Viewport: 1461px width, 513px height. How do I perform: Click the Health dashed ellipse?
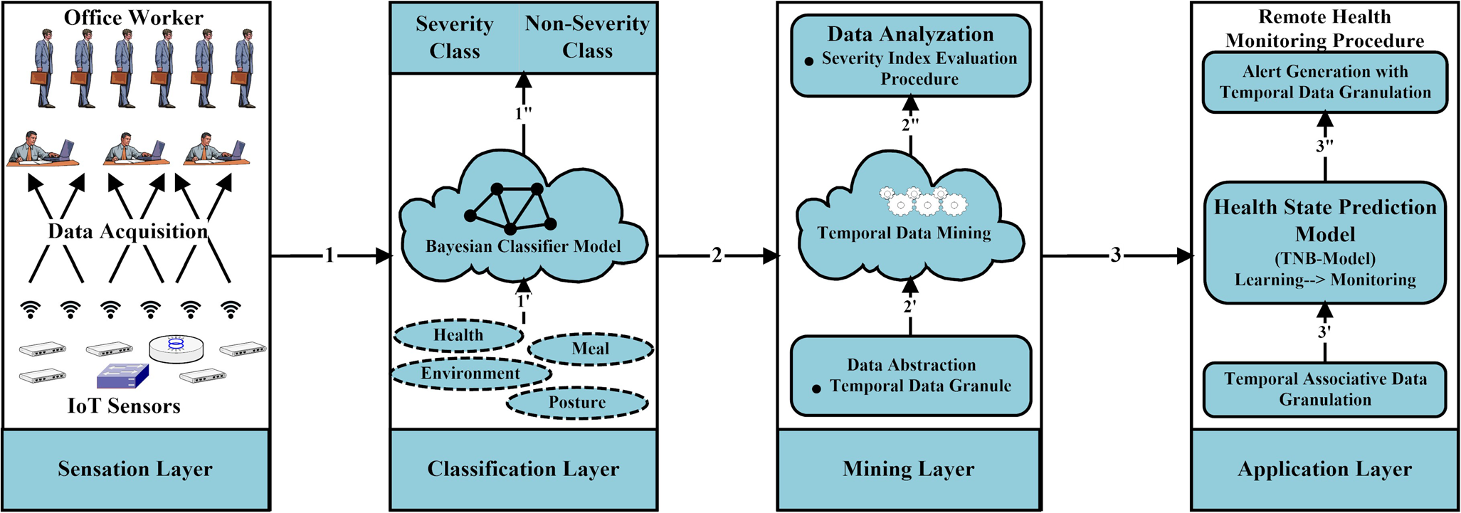(x=459, y=335)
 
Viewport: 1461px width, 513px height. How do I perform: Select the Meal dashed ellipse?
(x=591, y=349)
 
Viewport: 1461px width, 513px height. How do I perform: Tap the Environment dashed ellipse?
(x=471, y=374)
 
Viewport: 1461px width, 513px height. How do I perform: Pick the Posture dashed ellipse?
(x=577, y=403)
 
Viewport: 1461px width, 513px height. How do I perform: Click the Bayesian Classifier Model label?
(x=523, y=246)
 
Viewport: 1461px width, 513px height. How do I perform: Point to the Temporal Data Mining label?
(x=904, y=233)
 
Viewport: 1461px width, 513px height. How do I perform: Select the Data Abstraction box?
(x=911, y=376)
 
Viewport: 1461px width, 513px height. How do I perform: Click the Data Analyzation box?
(x=911, y=55)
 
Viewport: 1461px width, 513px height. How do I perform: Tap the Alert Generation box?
(x=1324, y=82)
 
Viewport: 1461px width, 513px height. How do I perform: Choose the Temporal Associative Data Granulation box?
(x=1324, y=389)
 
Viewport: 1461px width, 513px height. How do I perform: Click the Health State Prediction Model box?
(x=1324, y=242)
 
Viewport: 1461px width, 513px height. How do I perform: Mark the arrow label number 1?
(x=329, y=255)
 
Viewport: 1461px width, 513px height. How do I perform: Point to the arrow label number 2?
(x=717, y=255)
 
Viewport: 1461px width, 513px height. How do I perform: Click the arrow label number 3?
(x=1116, y=255)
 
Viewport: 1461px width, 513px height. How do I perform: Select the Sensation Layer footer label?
(x=135, y=469)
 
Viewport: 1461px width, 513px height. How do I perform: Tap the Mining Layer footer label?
(x=909, y=469)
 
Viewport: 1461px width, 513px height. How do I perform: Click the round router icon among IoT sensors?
(x=176, y=347)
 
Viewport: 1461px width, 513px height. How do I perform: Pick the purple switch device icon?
(x=122, y=375)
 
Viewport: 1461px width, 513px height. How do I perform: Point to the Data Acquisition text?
(x=128, y=231)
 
